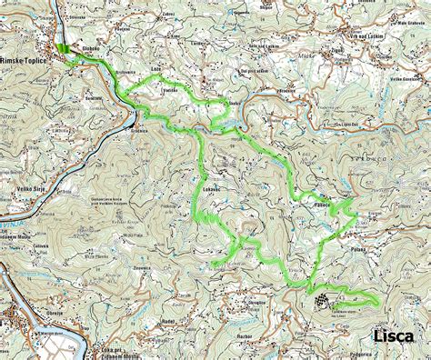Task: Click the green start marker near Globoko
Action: [63, 51]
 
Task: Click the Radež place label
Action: [168, 322]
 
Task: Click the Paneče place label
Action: [321, 205]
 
